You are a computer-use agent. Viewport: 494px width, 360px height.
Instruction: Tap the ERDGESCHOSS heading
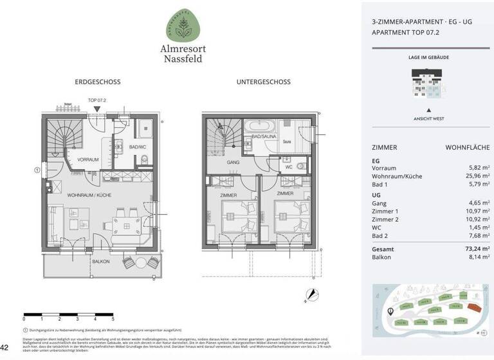pos(98,82)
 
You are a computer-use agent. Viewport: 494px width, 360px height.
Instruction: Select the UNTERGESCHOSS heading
pos(263,82)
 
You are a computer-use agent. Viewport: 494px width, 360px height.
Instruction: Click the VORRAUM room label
pos(88,159)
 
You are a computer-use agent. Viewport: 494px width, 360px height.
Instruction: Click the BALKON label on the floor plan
pos(101,262)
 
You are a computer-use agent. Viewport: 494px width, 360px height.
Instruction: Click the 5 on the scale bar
pos(113,318)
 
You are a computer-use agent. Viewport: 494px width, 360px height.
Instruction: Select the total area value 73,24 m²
pos(476,249)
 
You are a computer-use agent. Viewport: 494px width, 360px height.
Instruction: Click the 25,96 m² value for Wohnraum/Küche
pos(477,176)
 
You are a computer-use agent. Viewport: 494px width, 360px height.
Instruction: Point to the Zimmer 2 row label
pos(384,220)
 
